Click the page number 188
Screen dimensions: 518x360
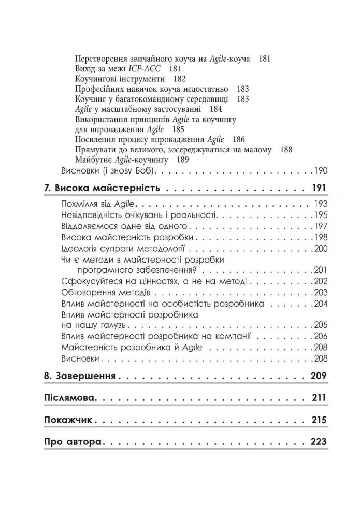[285, 149]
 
